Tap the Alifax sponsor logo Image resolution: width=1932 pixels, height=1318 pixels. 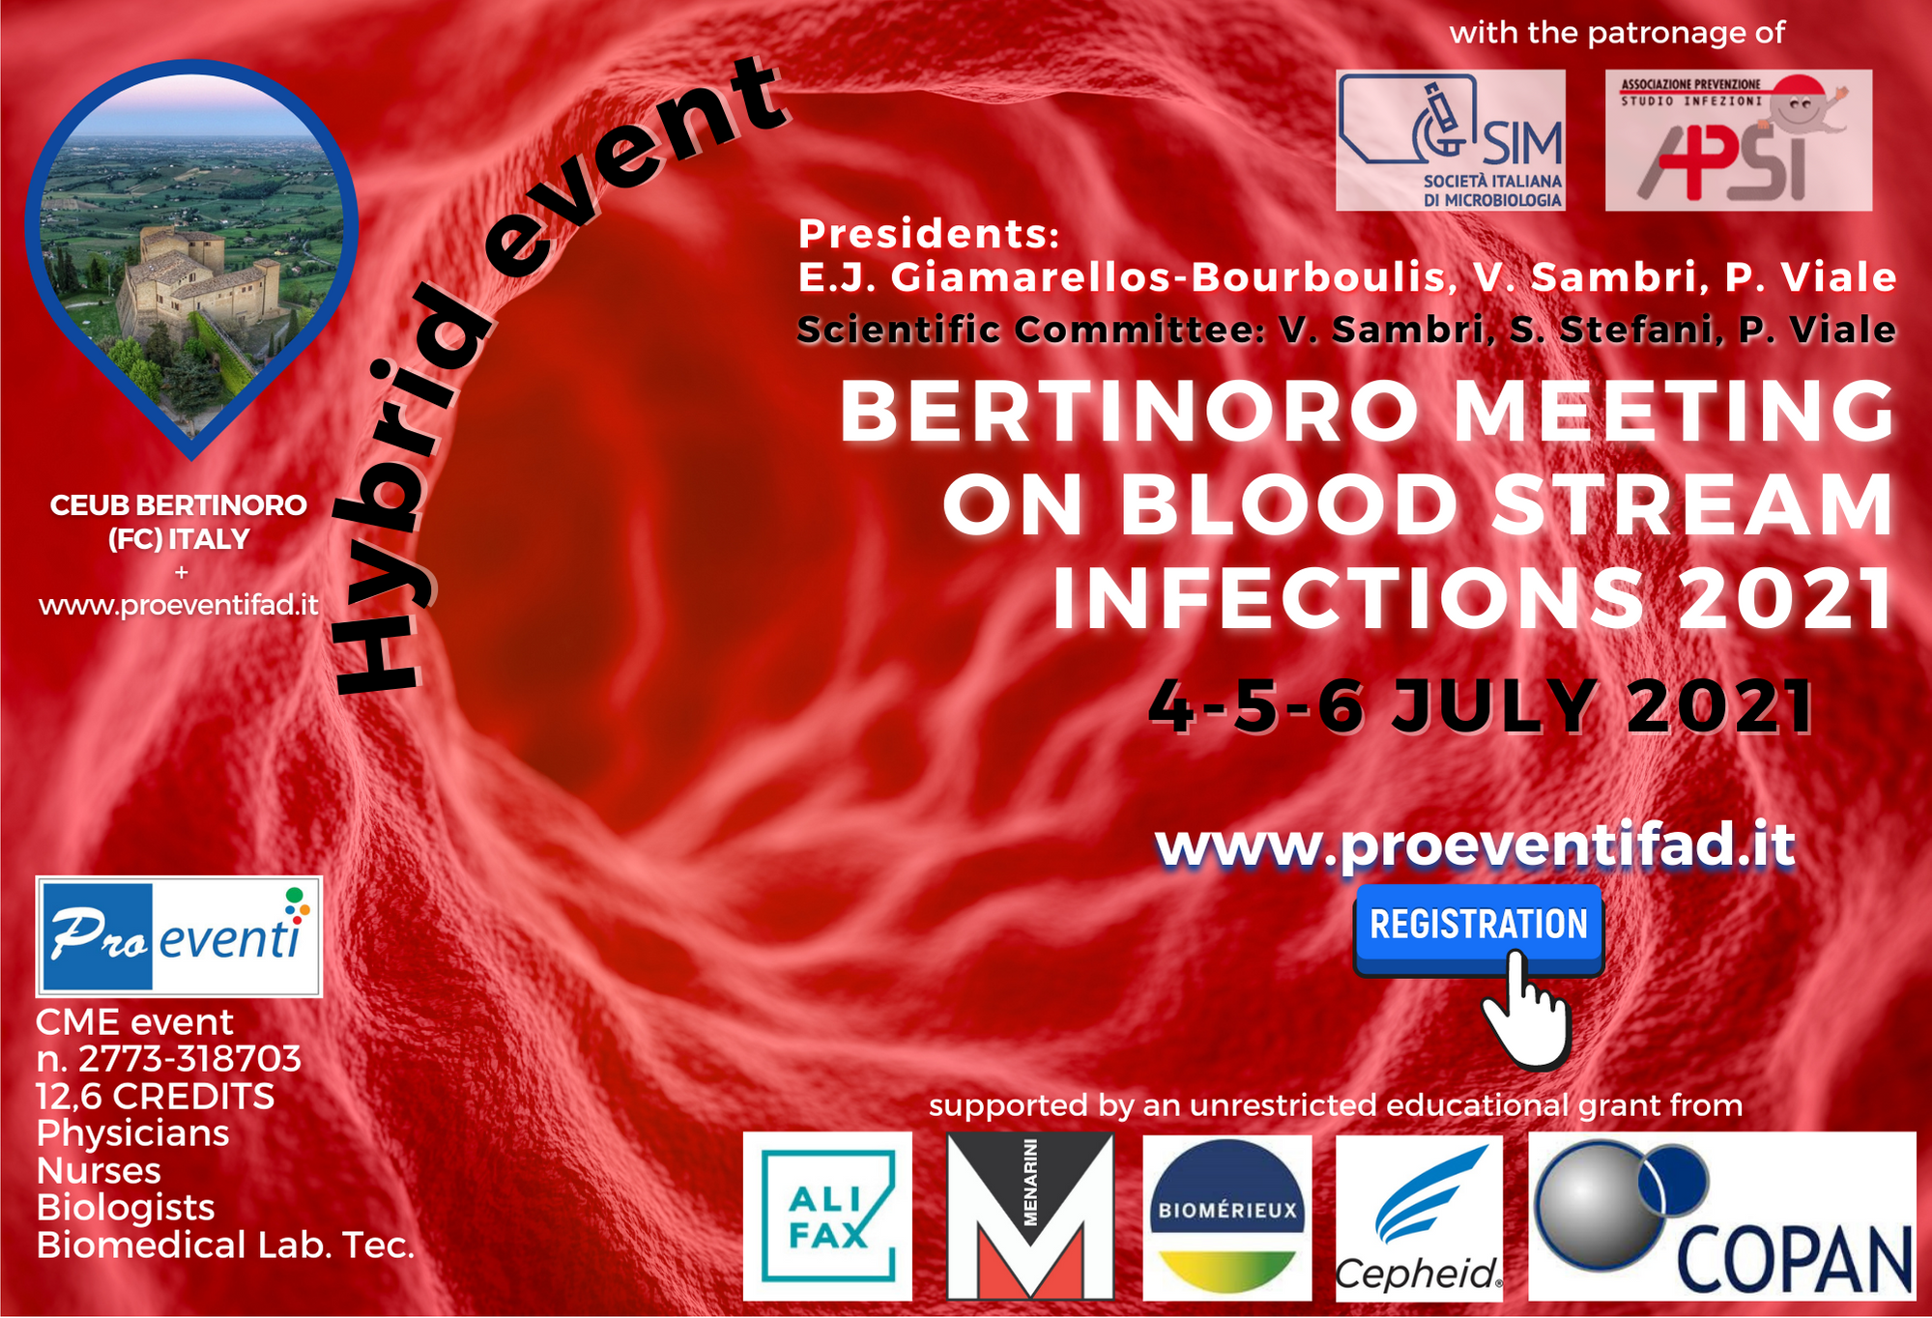click(x=827, y=1217)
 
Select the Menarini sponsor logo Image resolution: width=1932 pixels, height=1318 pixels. click(x=1030, y=1217)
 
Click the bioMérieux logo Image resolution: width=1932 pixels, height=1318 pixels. click(x=1226, y=1218)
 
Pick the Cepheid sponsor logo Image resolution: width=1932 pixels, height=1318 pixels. click(x=1419, y=1218)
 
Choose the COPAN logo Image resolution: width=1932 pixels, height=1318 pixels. click(x=1722, y=1217)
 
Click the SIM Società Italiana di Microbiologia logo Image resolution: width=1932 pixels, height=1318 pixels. click(x=1450, y=140)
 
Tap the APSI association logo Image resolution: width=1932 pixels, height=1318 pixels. click(x=1739, y=140)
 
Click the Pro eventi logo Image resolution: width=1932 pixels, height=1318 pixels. click(x=179, y=936)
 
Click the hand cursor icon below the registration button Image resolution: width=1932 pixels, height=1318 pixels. click(x=1524, y=1010)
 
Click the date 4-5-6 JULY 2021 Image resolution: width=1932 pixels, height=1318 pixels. click(x=1481, y=706)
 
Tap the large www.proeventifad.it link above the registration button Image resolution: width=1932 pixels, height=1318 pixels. click(x=1475, y=845)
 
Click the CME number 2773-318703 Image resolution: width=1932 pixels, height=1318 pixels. click(x=189, y=1059)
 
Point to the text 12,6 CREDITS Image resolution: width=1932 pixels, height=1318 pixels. click(x=155, y=1097)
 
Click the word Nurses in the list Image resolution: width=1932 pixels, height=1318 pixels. click(x=99, y=1171)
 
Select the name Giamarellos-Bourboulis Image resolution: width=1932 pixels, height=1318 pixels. click(x=1169, y=277)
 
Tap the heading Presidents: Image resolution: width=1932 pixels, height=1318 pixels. click(x=929, y=234)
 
